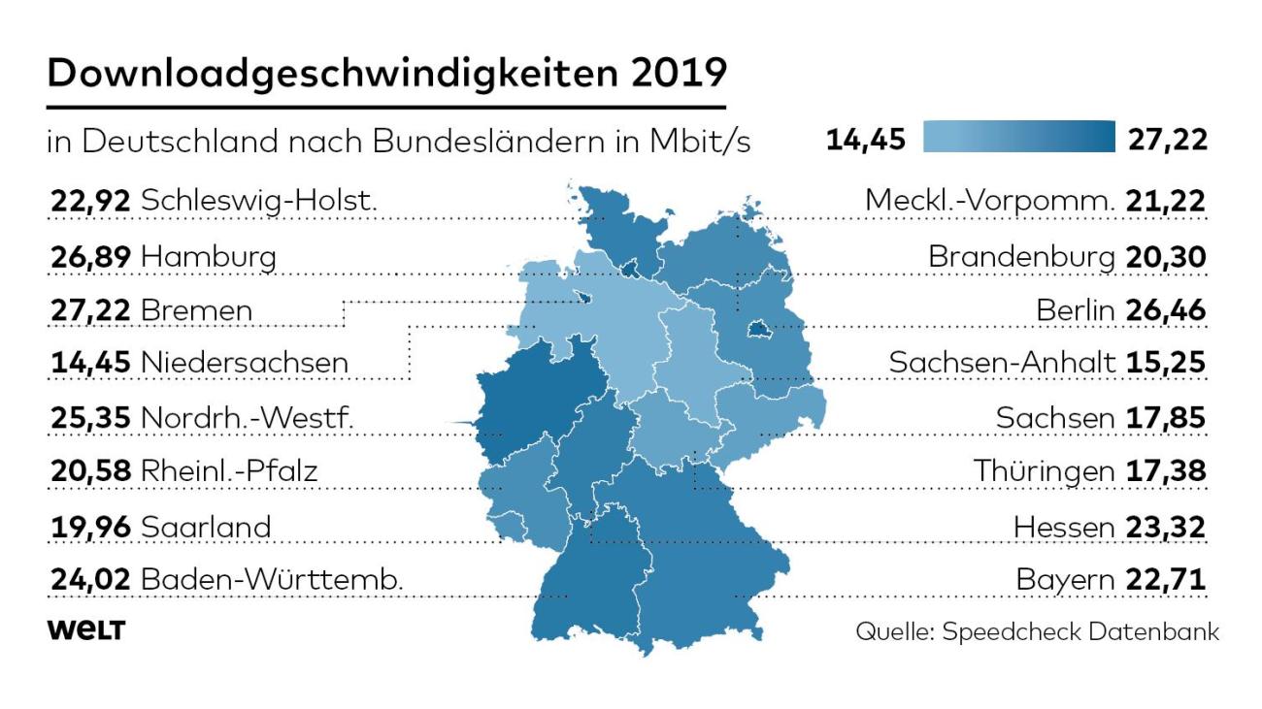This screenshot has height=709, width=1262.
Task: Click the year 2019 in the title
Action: [x=679, y=73]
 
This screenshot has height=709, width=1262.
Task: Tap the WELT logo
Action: [x=86, y=630]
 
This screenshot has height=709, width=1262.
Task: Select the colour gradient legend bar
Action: [x=1018, y=137]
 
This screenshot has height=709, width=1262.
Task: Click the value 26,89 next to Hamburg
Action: [x=90, y=257]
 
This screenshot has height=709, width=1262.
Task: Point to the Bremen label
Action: [x=197, y=310]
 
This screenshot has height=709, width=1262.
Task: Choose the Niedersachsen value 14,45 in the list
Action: [x=90, y=363]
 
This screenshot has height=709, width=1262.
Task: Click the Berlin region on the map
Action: [x=758, y=329]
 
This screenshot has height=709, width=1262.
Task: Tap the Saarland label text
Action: [x=206, y=528]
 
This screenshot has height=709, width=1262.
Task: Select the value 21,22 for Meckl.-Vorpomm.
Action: [x=1165, y=202]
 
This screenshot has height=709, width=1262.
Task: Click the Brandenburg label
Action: [x=1021, y=258]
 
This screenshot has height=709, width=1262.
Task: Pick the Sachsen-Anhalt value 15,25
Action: [x=1165, y=363]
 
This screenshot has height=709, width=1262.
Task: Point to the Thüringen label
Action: [x=1044, y=471]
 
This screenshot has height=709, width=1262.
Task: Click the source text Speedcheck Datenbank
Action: [x=1080, y=631]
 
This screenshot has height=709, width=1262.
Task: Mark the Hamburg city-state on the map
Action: [x=631, y=270]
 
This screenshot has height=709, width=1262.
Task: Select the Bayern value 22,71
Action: [x=1165, y=580]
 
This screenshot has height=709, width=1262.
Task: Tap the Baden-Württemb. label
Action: [x=272, y=580]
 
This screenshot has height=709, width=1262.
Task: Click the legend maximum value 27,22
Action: [x=1167, y=140]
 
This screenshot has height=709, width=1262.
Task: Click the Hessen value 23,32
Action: [x=1165, y=528]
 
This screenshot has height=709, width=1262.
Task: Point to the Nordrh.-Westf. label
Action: [x=248, y=418]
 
